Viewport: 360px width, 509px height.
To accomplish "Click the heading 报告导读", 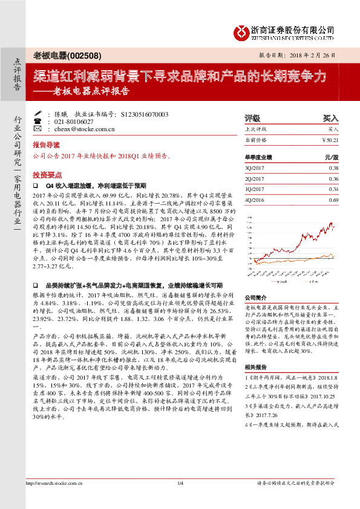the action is pos(46,145).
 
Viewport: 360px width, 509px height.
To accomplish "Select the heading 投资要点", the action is pos(46,172).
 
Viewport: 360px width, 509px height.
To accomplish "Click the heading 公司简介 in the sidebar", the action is pos(255,297).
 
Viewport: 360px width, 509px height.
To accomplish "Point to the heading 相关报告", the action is pos(255,368).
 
